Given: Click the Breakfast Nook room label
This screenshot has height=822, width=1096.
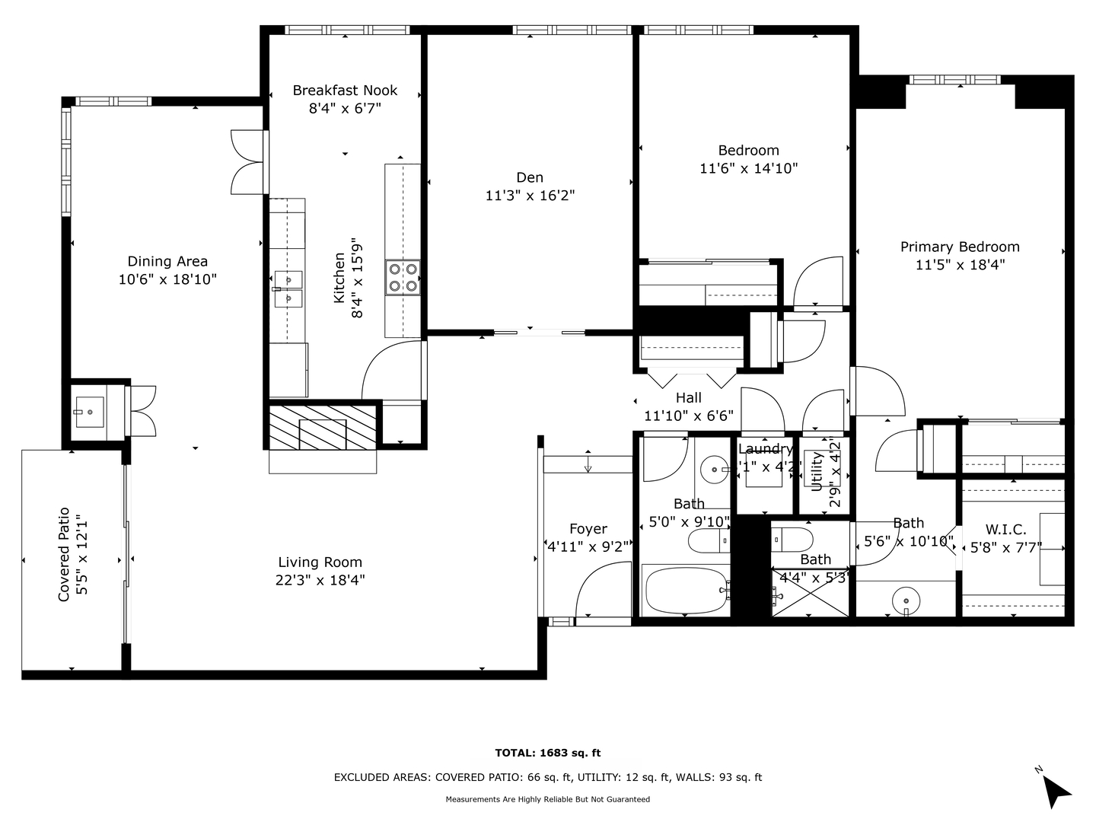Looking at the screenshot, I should pyautogui.click(x=345, y=91).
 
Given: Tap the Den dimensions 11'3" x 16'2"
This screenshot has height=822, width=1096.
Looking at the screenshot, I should pyautogui.click(x=530, y=196).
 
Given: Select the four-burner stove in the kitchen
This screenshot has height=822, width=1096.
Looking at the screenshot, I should pyautogui.click(x=403, y=277).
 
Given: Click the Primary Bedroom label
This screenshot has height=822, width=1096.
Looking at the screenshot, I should pyautogui.click(x=960, y=247).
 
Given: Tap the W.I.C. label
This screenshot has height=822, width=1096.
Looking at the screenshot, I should pyautogui.click(x=1005, y=530).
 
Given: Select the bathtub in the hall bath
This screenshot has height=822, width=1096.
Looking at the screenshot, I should pyautogui.click(x=686, y=590).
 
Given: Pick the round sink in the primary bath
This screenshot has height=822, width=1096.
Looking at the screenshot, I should pyautogui.click(x=906, y=599).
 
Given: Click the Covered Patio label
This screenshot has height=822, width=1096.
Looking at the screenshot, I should pyautogui.click(x=64, y=554).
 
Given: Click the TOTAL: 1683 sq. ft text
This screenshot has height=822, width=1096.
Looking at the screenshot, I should pyautogui.click(x=547, y=753).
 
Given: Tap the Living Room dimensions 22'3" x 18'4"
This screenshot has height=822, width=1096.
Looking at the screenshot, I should pyautogui.click(x=320, y=581).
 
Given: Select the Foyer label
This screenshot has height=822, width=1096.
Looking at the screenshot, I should pyautogui.click(x=588, y=529).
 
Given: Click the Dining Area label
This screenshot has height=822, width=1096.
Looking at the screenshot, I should pyautogui.click(x=167, y=262).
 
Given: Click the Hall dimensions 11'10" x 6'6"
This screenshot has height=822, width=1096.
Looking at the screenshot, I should pyautogui.click(x=688, y=416).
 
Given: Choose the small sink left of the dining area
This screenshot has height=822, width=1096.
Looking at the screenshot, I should pyautogui.click(x=91, y=412).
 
